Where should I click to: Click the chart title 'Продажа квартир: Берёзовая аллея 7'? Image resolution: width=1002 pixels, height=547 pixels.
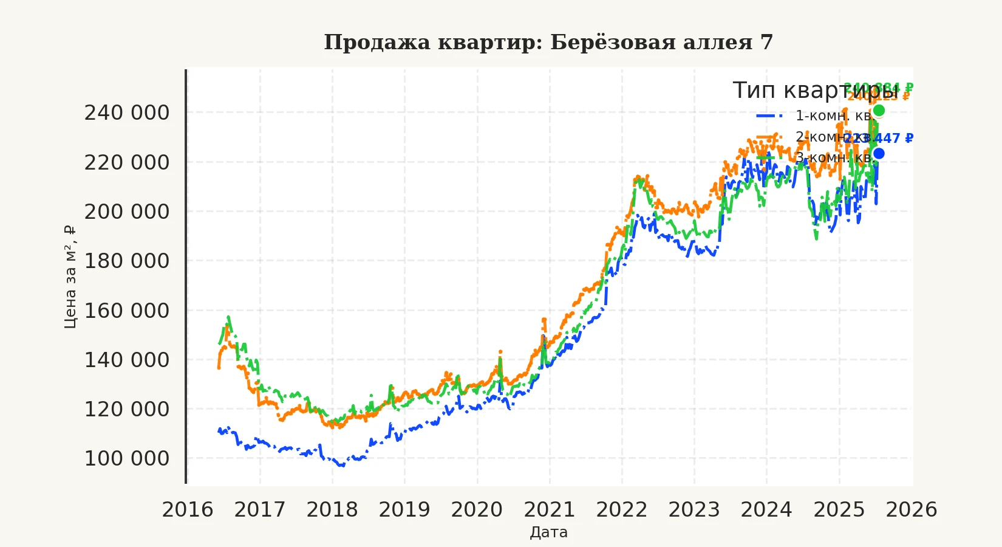click(x=548, y=43)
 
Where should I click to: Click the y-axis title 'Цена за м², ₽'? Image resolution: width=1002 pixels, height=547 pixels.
click(x=70, y=277)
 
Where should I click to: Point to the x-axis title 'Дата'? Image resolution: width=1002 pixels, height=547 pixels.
click(x=548, y=532)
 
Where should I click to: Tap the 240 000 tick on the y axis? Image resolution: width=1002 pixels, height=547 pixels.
click(x=127, y=113)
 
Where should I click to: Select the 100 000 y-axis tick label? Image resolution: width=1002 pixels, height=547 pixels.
click(x=127, y=458)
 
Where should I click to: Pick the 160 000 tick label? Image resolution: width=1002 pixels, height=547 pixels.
click(x=127, y=311)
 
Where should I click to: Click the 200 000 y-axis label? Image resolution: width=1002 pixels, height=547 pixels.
click(x=127, y=212)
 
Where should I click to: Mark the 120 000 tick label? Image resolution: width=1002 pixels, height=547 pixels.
click(x=127, y=409)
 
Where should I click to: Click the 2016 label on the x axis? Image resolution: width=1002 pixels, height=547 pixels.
click(x=188, y=510)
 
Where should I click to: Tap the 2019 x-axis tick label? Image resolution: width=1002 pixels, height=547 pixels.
click(x=404, y=510)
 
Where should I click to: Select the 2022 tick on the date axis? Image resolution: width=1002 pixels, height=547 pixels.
click(x=622, y=510)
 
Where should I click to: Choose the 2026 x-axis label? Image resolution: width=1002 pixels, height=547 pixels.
click(x=912, y=510)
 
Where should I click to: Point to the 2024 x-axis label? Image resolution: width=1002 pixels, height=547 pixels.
click(x=766, y=510)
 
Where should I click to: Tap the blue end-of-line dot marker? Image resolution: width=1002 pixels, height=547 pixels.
click(x=879, y=154)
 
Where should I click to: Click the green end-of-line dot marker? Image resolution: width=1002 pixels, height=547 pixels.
click(x=879, y=111)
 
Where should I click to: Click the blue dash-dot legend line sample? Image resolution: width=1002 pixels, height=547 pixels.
click(x=769, y=115)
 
